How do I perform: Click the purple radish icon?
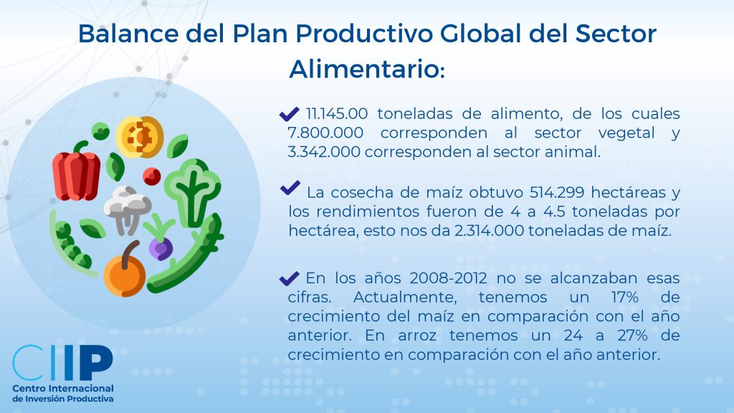[160, 239]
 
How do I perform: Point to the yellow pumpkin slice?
[140, 137]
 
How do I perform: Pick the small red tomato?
[152, 176]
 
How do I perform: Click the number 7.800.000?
[325, 133]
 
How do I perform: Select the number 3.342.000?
[324, 152]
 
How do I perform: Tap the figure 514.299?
[557, 192]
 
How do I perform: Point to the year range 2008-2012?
[448, 278]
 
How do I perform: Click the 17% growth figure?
[625, 298]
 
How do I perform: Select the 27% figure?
[632, 336]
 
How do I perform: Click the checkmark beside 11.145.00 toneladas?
[289, 114]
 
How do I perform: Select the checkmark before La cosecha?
[290, 188]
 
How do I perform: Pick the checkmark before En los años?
[289, 278]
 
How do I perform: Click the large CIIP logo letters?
[63, 362]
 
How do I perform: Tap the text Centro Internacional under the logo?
[63, 389]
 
